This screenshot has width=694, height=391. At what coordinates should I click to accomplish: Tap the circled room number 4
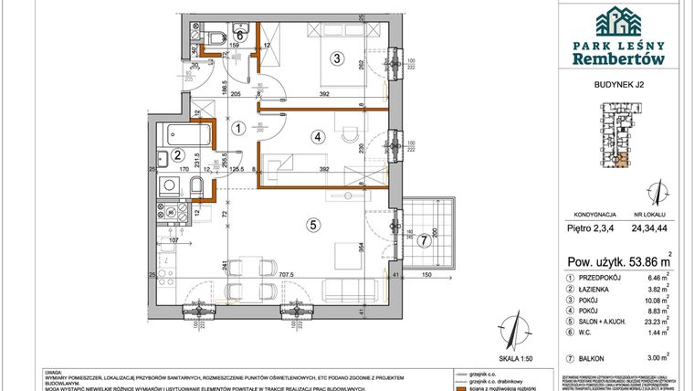tap(317, 137)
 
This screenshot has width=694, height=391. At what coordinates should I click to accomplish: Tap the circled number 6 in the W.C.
tap(238, 36)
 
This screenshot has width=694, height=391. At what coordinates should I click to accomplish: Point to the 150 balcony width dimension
tap(428, 273)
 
